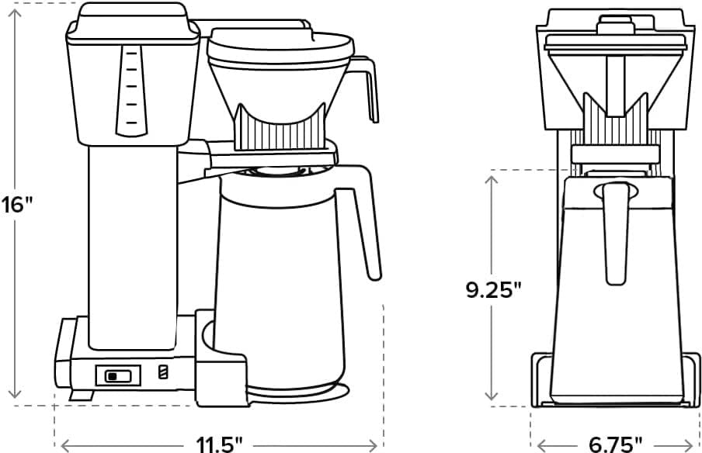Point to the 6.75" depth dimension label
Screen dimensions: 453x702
[615, 444]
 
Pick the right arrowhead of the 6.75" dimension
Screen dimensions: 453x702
[695, 444]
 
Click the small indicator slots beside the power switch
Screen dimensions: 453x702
[162, 373]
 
